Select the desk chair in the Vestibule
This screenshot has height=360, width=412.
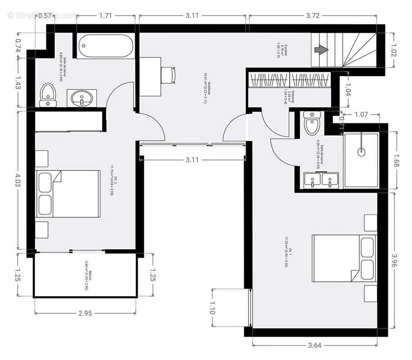168,74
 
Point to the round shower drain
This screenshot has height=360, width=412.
361,152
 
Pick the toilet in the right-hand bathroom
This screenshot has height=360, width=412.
311,123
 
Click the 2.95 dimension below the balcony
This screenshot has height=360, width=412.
85,313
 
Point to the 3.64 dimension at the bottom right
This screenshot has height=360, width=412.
314,346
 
